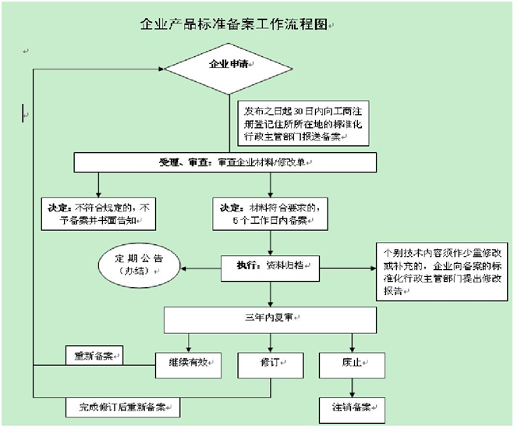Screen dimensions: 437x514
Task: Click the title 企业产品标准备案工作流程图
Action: (x=234, y=25)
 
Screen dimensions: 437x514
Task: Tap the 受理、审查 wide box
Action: (x=225, y=162)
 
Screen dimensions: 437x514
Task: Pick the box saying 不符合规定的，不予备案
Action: (x=98, y=213)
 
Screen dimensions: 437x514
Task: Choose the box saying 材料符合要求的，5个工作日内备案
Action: (x=270, y=213)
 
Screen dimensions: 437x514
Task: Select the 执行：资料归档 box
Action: (x=270, y=266)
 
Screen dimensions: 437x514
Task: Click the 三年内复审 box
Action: (x=270, y=319)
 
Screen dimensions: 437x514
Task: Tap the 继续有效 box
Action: (x=188, y=363)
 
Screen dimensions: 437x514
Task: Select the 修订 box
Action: (x=270, y=363)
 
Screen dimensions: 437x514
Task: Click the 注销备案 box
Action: (x=352, y=407)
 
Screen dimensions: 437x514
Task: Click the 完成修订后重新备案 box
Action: (x=121, y=407)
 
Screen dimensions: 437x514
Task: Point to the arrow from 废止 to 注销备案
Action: (x=352, y=386)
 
